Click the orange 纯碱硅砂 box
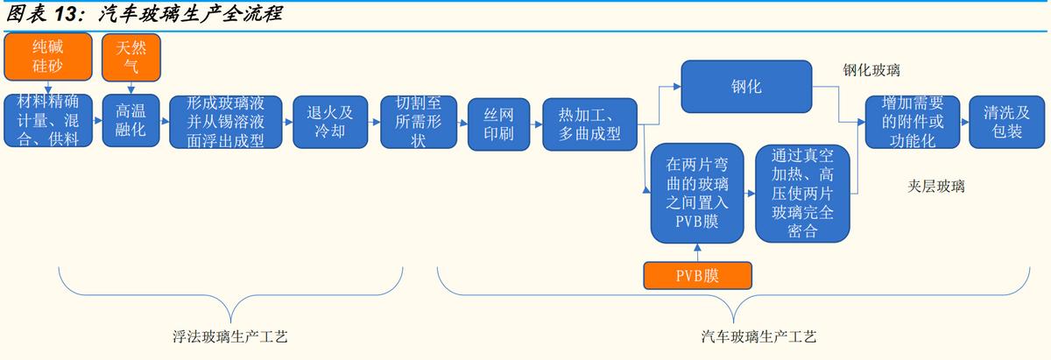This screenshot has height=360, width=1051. [x=49, y=55]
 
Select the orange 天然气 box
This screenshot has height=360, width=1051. [x=130, y=55]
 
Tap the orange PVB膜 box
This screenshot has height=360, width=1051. [x=697, y=276]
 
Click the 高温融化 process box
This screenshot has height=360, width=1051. [x=130, y=120]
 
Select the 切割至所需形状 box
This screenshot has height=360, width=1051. [x=417, y=120]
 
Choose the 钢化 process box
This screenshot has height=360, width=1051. [x=745, y=86]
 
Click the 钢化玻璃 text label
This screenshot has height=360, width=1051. [x=871, y=70]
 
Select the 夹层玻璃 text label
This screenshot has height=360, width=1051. [x=936, y=186]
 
